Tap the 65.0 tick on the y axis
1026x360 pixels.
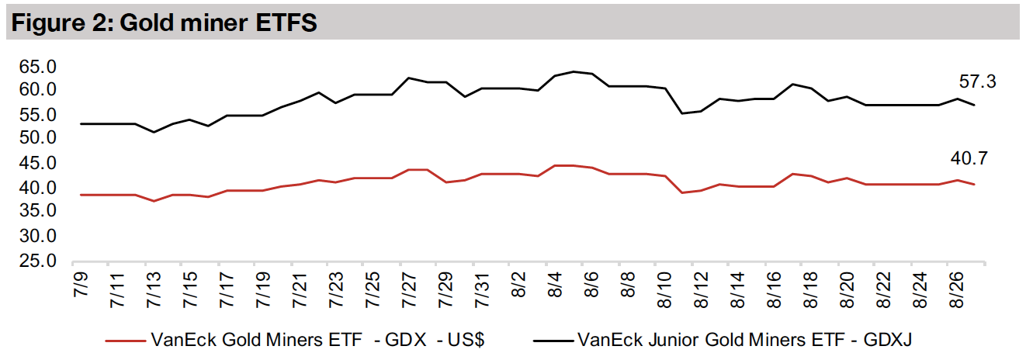click(x=38, y=67)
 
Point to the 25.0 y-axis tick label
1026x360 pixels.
click(x=38, y=261)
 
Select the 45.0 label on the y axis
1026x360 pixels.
click(x=38, y=164)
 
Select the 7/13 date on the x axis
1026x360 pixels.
click(x=154, y=289)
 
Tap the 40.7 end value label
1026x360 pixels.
click(x=968, y=159)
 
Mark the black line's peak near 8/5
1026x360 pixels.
click(x=574, y=71)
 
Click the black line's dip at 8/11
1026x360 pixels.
click(x=683, y=113)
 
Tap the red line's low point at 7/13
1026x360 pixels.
click(x=154, y=201)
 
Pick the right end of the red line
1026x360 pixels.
click(x=974, y=184)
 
